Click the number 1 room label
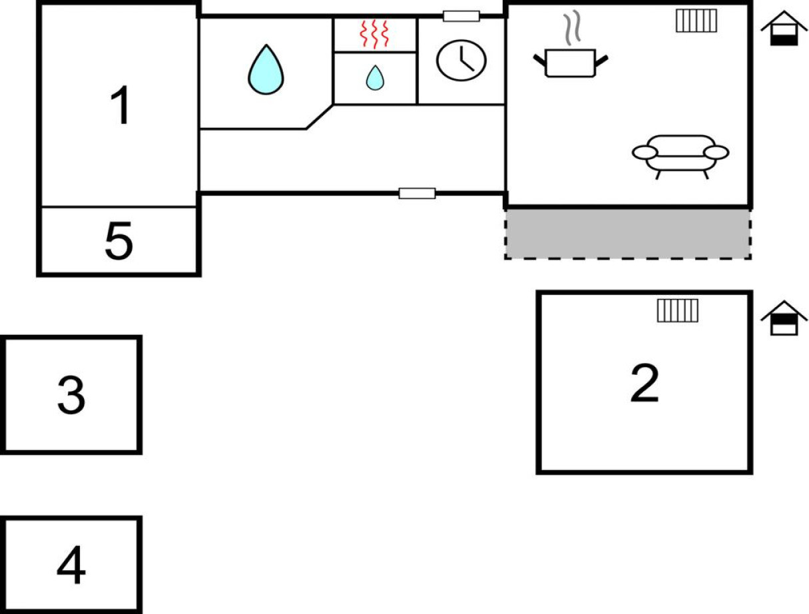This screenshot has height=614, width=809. pos(120,105)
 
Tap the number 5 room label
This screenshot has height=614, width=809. pos(119,240)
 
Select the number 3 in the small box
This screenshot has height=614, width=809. pos(71,395)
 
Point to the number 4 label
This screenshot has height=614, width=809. pos(71,565)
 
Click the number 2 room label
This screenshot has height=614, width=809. pos(645,382)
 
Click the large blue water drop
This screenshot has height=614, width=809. pos(266,69)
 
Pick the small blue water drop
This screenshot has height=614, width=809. pos(375,77)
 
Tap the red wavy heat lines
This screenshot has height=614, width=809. pos(374,34)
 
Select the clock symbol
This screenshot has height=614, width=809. pos(461,60)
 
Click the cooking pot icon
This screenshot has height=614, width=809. pos(570,63)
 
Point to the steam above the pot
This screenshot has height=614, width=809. pos(572,27)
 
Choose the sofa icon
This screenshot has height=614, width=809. pos(680,156)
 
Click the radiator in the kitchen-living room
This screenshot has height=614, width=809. pos(696,21)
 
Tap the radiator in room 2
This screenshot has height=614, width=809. pos(677,311)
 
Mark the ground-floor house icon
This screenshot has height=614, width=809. pos(784,29)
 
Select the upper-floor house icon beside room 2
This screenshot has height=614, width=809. pos(784,318)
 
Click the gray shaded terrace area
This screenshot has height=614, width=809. pos(627,234)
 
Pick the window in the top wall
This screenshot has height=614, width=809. pos(461,16)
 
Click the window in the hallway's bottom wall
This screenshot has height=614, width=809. pos(417,194)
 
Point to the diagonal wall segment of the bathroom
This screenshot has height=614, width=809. pos(320,117)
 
